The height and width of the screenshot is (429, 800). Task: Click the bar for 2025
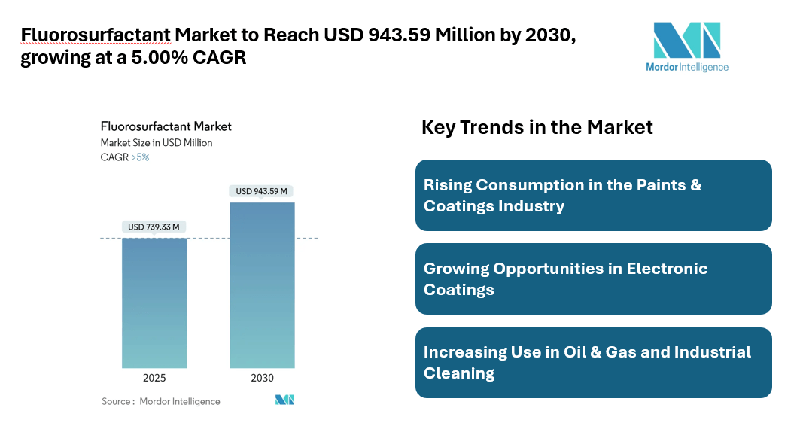click(154, 303)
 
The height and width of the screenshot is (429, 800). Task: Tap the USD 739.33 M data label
click(154, 227)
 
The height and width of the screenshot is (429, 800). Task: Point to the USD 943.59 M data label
click(262, 191)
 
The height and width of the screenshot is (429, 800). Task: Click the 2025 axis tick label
click(154, 378)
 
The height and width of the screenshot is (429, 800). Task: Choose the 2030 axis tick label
click(262, 378)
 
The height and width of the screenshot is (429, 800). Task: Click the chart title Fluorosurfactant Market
click(166, 126)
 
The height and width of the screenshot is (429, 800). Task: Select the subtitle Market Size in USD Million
click(157, 142)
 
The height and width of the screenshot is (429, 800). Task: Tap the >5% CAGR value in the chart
click(140, 157)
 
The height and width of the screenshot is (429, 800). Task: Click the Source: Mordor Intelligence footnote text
click(161, 401)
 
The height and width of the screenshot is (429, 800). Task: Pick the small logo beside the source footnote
click(284, 400)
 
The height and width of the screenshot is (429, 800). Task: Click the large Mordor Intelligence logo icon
click(686, 40)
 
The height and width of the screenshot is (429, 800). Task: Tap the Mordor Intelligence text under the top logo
click(686, 67)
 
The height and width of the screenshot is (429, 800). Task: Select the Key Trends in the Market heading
click(537, 127)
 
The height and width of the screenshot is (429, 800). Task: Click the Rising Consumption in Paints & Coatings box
click(593, 195)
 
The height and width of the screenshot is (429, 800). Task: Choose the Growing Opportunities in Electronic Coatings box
click(593, 278)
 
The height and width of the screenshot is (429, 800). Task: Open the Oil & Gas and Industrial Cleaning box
click(593, 362)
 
